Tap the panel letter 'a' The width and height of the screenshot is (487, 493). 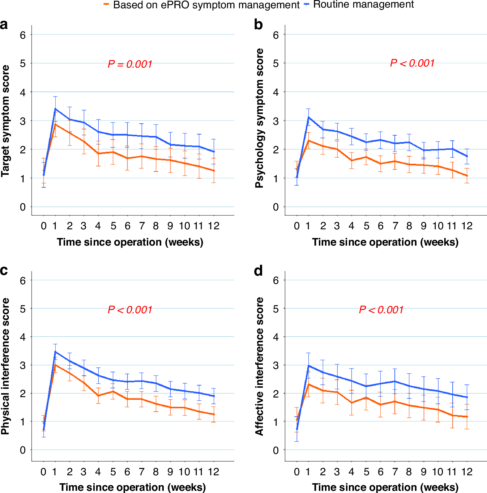pyautogui.click(x=4, y=25)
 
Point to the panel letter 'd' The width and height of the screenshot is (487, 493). pyautogui.click(x=258, y=271)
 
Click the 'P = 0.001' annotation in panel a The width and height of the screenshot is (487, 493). pyautogui.click(x=130, y=64)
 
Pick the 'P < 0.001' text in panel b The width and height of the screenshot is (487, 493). pyautogui.click(x=412, y=63)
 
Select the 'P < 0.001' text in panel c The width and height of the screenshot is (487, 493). pyautogui.click(x=130, y=310)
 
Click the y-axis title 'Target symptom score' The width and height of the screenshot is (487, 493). pyautogui.click(x=5, y=121)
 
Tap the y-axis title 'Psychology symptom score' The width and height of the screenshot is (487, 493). pyautogui.click(x=259, y=118)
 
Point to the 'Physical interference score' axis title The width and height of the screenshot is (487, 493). pyautogui.click(x=5, y=366)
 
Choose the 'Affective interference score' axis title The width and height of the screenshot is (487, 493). pyautogui.click(x=259, y=366)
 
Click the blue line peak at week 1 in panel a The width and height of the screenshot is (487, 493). pyautogui.click(x=55, y=109)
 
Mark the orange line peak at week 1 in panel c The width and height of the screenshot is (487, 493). pyautogui.click(x=55, y=365)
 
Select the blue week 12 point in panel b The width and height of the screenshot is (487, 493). pyautogui.click(x=467, y=156)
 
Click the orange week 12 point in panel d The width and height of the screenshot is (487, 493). pyautogui.click(x=467, y=417)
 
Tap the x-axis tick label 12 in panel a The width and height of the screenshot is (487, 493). pyautogui.click(x=214, y=226)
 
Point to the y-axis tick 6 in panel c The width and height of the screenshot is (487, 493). pyautogui.click(x=23, y=281)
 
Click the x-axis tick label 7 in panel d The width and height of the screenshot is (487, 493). pyautogui.click(x=395, y=472)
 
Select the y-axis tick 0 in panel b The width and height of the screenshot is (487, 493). pyautogui.click(x=276, y=207)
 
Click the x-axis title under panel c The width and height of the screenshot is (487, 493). pyautogui.click(x=132, y=487)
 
